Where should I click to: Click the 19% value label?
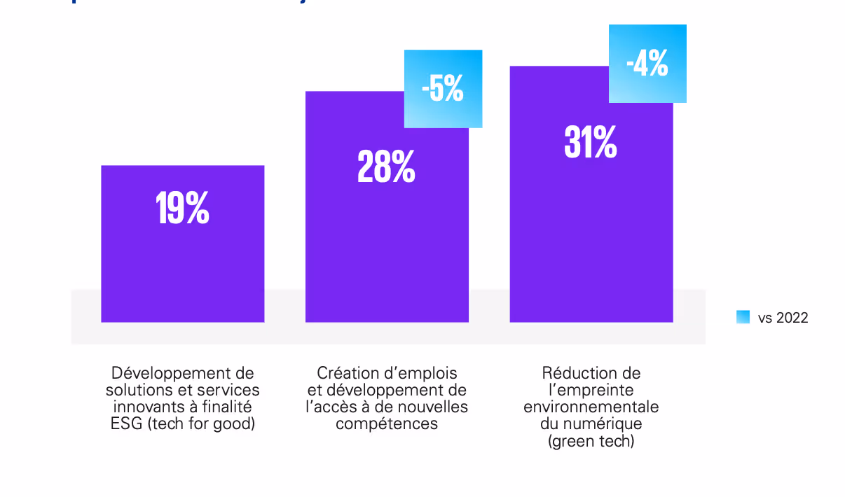[x=182, y=209]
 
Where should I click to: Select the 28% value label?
[x=386, y=168]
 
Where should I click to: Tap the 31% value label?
[x=591, y=143]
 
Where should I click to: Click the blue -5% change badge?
[x=443, y=89]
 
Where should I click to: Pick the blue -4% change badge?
[x=647, y=64]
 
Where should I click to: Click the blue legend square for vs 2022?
[x=743, y=317]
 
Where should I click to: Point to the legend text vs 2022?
[x=783, y=318]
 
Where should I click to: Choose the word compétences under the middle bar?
[x=386, y=423]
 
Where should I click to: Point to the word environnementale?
[x=591, y=407]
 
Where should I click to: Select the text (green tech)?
[x=591, y=441]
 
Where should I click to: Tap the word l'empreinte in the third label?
[x=591, y=390]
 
